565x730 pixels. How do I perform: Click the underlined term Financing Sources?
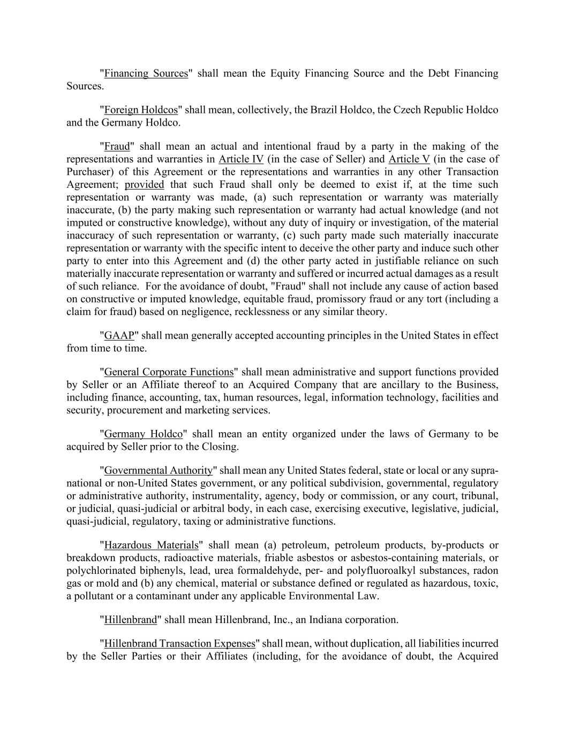coord(146,73)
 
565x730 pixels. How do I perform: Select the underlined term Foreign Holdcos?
coord(140,110)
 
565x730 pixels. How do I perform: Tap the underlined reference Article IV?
coord(241,159)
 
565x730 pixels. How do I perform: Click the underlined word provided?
coord(144,185)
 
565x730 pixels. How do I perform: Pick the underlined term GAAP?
coord(119,336)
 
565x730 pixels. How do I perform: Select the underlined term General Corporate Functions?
coord(169,372)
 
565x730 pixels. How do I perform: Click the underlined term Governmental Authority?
coord(158,471)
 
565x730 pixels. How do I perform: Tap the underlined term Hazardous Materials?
coord(151,545)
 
